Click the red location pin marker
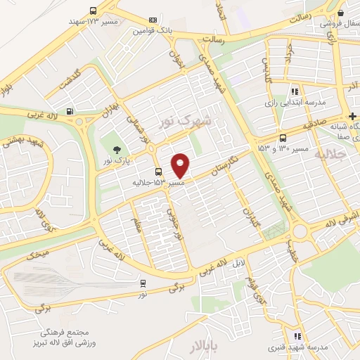coord(181,165)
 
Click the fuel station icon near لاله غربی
coord(69,110)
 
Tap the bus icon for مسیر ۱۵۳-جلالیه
coord(157,172)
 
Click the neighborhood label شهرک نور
coord(186,120)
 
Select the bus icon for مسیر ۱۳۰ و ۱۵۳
coord(283,138)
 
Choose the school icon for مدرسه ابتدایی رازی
coord(295,91)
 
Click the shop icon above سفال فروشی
coord(340,12)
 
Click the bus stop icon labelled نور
coord(143,283)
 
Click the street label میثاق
coord(34,255)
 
